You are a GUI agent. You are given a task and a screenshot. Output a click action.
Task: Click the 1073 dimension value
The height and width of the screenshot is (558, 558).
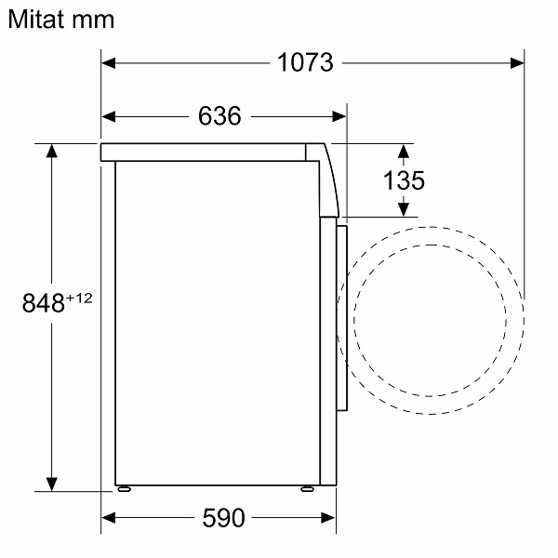(x=305, y=62)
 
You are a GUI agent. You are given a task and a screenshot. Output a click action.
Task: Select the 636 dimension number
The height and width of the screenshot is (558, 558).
(x=219, y=115)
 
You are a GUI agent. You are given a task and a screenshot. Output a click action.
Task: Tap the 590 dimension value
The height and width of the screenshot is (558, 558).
(x=223, y=518)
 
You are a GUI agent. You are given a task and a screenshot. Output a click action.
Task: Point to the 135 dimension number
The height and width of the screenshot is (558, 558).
(x=404, y=180)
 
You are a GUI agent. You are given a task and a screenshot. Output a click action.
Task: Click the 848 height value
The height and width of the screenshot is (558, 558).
(x=44, y=303)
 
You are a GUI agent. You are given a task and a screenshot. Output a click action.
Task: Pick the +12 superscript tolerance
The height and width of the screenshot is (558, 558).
(x=79, y=298)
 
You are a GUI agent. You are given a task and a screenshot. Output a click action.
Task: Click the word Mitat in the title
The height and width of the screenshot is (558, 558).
(x=36, y=20)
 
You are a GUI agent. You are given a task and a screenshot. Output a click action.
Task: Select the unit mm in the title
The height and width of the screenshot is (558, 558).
(x=93, y=21)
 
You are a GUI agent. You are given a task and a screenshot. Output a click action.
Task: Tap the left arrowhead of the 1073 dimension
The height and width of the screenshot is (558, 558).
(x=108, y=63)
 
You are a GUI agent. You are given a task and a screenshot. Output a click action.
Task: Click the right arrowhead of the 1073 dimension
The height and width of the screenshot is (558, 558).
(x=517, y=63)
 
